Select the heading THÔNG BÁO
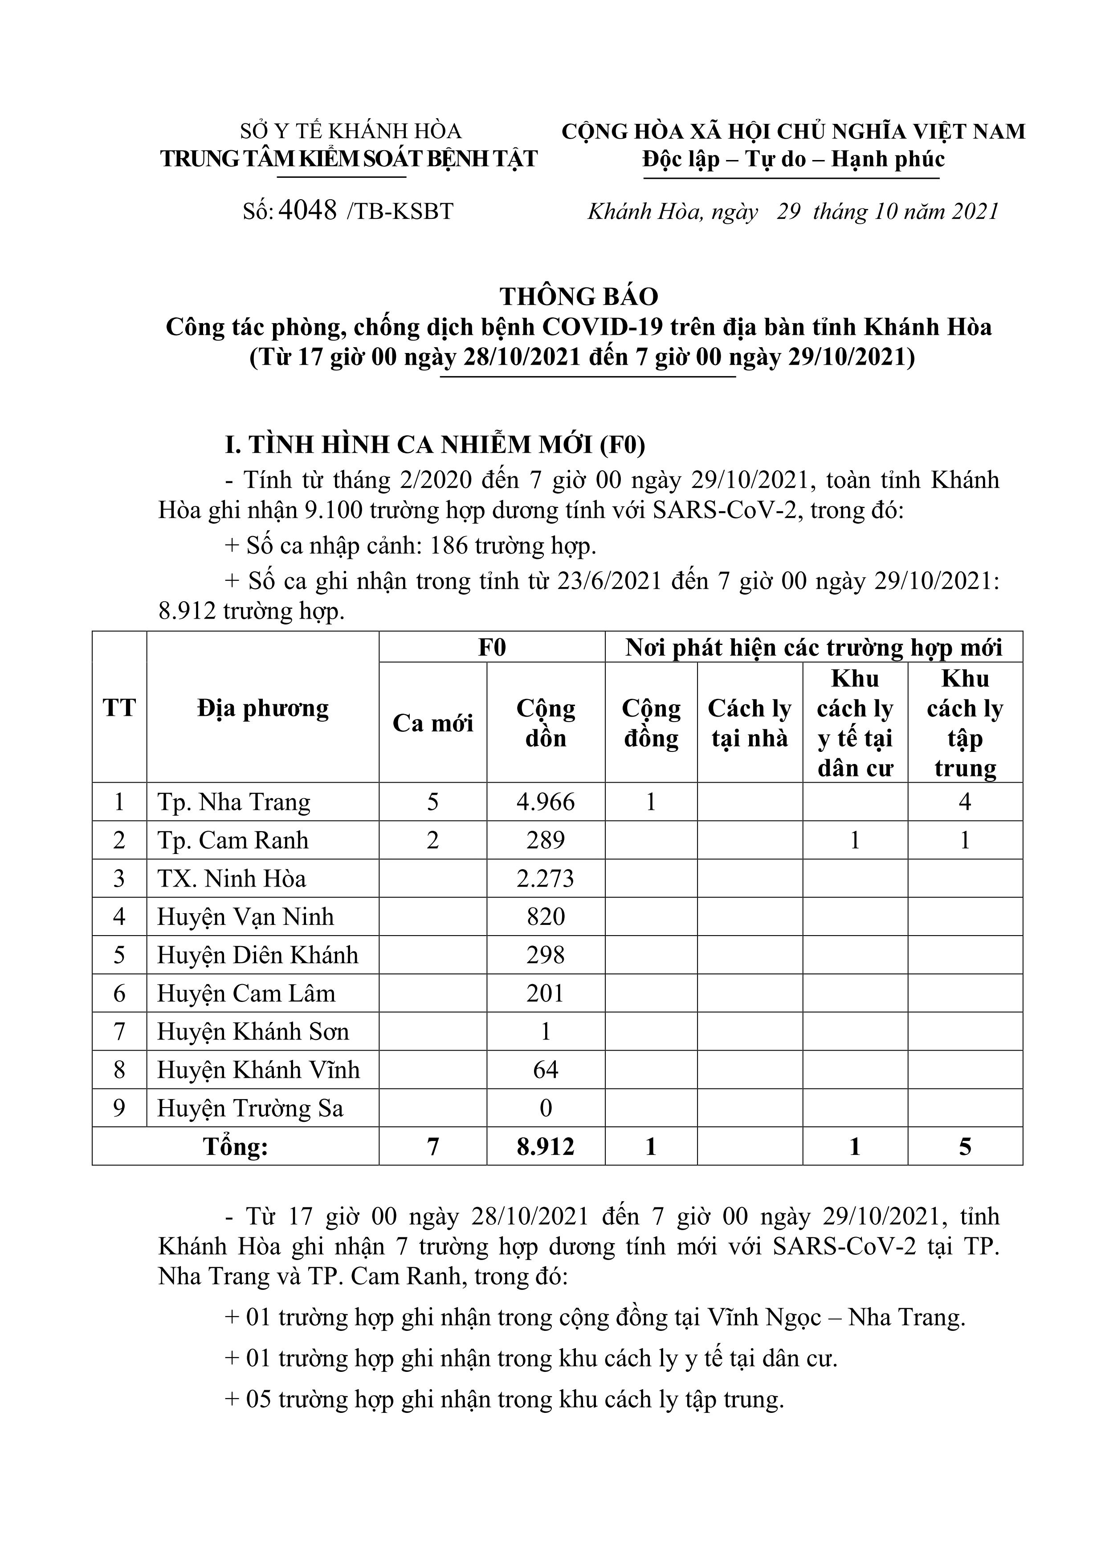click(x=579, y=296)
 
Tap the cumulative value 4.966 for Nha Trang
click(x=545, y=802)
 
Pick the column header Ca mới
click(x=432, y=723)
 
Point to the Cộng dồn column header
click(x=545, y=723)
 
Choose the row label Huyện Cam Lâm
click(x=246, y=993)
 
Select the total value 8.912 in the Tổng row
click(x=545, y=1146)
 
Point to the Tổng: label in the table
click(x=236, y=1146)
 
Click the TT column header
click(x=119, y=708)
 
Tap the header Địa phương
click(x=263, y=708)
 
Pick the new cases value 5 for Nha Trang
click(x=432, y=802)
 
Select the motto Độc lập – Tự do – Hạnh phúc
click(x=793, y=160)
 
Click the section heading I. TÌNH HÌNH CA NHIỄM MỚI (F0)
click(x=435, y=444)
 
